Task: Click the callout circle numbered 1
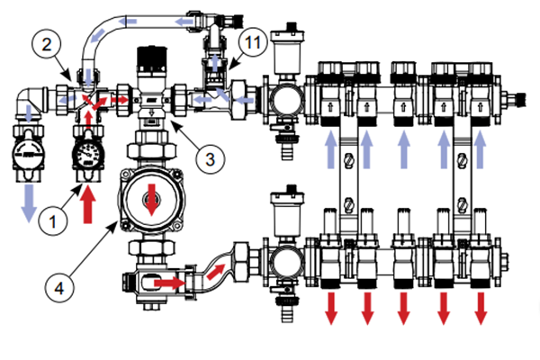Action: coord(57,217)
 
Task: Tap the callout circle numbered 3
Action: coord(208,159)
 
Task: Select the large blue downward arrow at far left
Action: coord(28,200)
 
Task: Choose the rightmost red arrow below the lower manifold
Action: coord(481,306)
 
